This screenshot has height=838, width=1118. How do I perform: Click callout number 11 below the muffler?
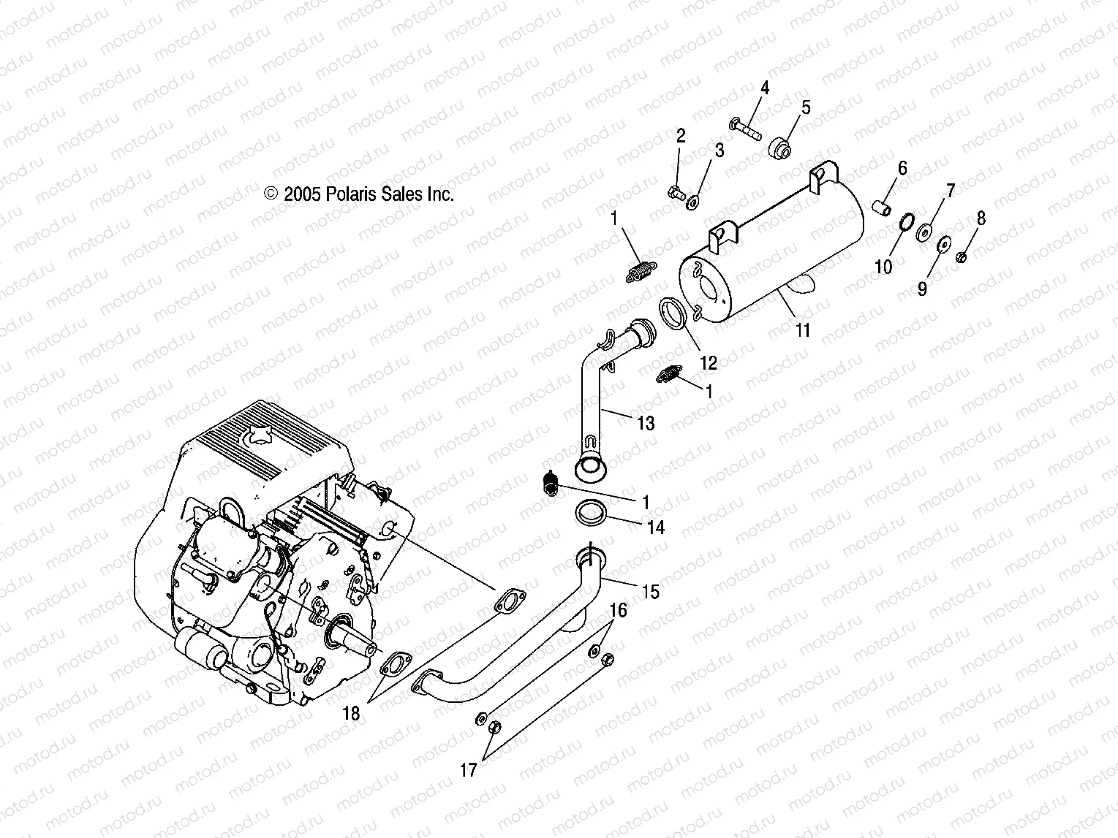pos(803,330)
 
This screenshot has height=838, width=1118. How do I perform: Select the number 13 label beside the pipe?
pos(646,423)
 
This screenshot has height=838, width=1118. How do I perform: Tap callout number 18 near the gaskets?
pos(352,713)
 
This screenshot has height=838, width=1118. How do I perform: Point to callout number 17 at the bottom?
pos(469,769)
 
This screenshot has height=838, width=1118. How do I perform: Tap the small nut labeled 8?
pos(962,256)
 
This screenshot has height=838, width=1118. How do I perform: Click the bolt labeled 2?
pos(675,193)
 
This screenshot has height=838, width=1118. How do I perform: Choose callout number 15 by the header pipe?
pos(649,591)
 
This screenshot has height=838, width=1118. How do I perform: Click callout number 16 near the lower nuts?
pos(619,609)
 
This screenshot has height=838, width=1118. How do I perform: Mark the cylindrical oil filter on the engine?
pos(201,652)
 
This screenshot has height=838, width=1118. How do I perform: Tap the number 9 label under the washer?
pos(922,289)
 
